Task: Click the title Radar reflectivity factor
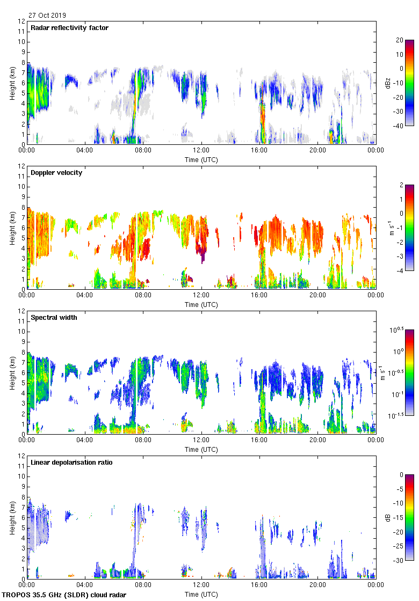point(69,28)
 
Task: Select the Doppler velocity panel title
point(56,173)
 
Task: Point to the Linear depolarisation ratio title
point(71,463)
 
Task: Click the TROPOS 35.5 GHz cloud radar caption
point(64,595)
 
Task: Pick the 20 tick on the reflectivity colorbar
point(400,40)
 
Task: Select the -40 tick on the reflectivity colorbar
point(399,126)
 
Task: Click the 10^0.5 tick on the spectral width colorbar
point(402,329)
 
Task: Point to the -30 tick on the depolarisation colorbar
point(399,561)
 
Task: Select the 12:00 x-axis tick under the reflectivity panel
point(201,151)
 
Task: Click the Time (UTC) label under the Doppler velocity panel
point(201,305)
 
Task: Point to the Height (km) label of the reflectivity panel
point(12,83)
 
